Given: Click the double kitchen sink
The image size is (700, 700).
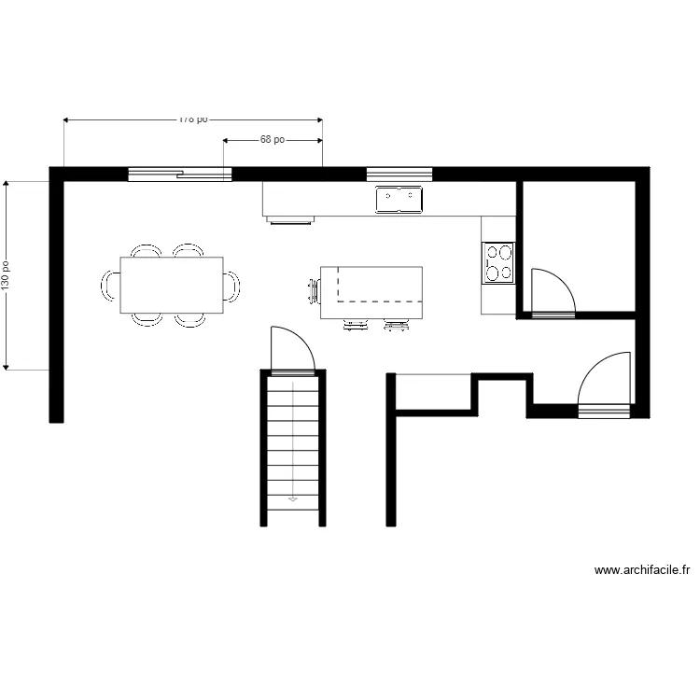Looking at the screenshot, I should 399,200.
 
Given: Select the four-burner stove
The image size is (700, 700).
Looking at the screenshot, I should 498,262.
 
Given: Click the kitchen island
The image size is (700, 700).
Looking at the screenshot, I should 371,292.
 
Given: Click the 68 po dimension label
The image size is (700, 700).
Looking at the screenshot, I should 273,140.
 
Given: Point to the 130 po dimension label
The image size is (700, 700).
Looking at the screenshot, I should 7,274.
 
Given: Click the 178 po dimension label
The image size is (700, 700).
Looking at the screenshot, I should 193,119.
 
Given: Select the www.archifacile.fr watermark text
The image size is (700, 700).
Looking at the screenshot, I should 643,570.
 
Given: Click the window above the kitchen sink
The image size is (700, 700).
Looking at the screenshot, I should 399,174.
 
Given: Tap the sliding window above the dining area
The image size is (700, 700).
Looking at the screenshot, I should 179,174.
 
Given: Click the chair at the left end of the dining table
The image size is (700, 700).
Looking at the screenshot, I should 110,285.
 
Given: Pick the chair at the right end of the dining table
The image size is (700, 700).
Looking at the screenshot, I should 231,285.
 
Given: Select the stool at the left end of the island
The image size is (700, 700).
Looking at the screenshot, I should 313,291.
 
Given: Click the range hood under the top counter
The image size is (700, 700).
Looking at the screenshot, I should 288,221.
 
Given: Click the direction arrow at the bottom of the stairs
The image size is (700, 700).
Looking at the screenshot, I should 293,499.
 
